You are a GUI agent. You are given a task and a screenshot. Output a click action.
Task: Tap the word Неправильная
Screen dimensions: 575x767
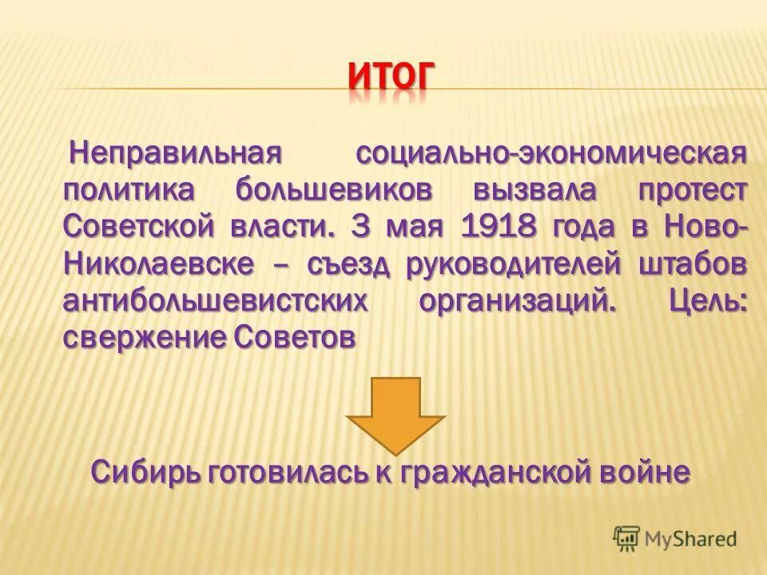pos(177,152)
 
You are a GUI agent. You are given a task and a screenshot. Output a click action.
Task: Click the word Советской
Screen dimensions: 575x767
pos(139,227)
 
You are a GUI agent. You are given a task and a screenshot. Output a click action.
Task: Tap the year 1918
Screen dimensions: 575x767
pos(498,227)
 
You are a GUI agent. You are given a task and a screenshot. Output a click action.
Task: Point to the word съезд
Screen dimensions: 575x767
pos(348,264)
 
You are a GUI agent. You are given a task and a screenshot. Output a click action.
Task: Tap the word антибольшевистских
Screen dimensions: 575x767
pos(217,302)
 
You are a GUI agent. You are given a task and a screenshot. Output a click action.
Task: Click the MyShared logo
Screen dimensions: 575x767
pos(675,538)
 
